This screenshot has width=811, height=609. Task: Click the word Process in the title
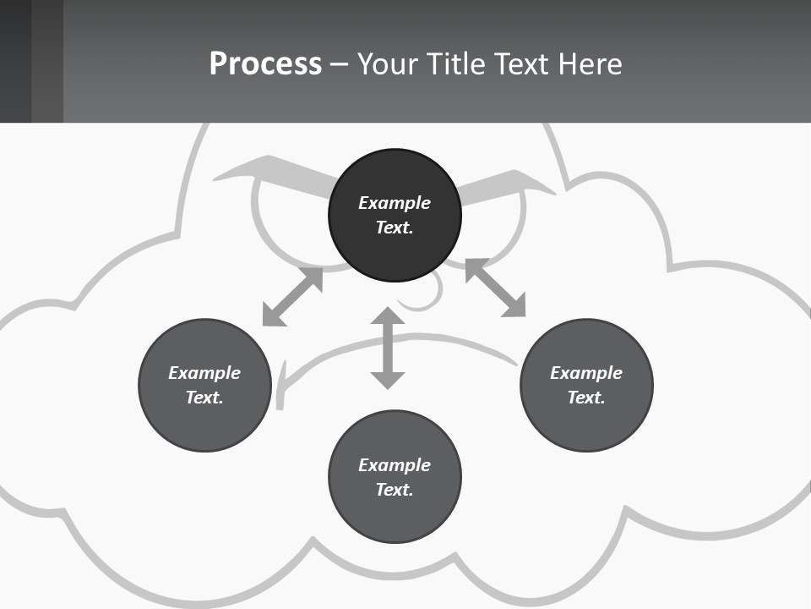click(265, 64)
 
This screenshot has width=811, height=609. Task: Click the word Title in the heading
click(454, 64)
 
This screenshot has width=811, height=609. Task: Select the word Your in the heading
click(389, 64)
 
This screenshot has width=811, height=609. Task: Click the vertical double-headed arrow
click(388, 348)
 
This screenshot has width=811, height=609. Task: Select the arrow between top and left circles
click(292, 297)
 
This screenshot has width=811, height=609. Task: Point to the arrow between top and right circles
click(496, 288)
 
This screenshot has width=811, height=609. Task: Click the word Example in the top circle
click(395, 203)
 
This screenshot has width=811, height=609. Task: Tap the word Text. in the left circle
click(204, 398)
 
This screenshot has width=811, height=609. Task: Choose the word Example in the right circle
click(586, 373)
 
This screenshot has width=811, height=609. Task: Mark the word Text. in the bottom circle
click(395, 490)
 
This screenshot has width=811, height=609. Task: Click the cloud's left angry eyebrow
click(270, 175)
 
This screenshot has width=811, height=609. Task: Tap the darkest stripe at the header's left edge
click(15, 61)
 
